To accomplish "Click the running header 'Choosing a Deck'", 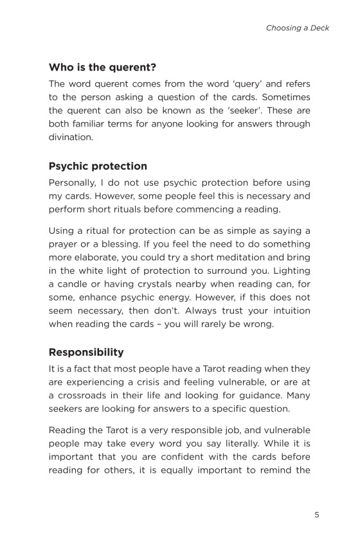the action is coord(298,28).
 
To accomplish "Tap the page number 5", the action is coord(317,515).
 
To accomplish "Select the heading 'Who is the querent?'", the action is coord(103,67).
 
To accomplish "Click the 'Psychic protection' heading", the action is coord(98,166).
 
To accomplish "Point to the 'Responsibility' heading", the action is coord(86,353).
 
